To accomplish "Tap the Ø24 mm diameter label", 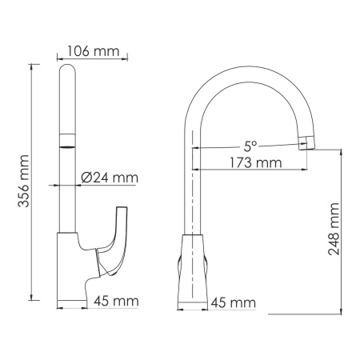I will click(x=110, y=177).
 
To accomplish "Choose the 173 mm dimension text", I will click(x=250, y=162).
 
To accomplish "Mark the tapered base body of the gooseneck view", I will click(x=194, y=268).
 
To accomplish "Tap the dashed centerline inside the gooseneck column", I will click(x=194, y=192).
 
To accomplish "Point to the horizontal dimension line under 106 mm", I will click(x=90, y=58).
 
